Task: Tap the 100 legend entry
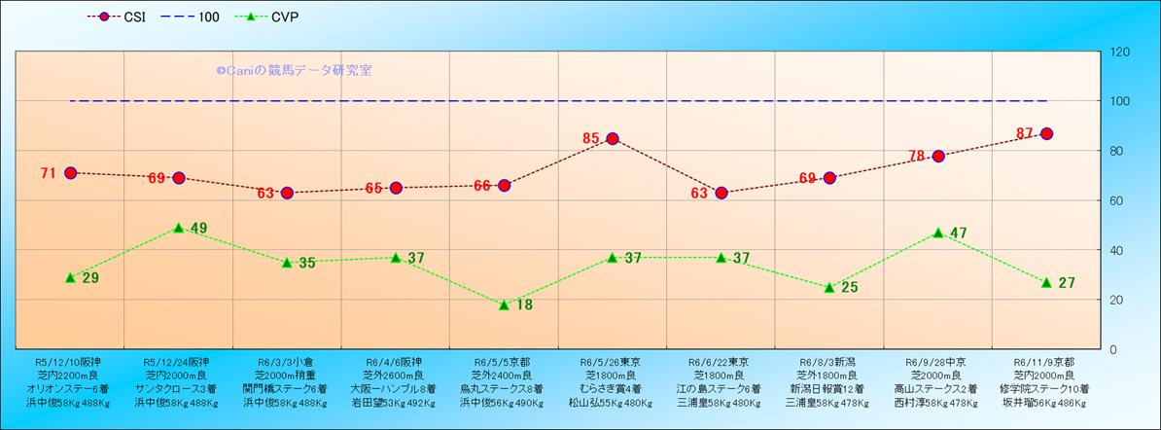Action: pos(193,17)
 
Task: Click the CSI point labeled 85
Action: pos(613,138)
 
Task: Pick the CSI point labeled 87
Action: pos(1046,133)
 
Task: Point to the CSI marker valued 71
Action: pos(70,173)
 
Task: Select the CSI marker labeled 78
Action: pos(938,156)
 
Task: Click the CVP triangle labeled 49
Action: pos(179,228)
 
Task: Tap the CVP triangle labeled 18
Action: pos(504,305)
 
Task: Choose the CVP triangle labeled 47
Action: pos(938,233)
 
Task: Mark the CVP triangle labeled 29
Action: pos(70,277)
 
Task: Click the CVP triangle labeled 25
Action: pos(829,287)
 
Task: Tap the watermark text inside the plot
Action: pos(294,70)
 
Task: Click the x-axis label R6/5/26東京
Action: pos(612,361)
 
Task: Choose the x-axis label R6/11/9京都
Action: pos(1045,361)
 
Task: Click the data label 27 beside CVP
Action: pos(1067,283)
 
